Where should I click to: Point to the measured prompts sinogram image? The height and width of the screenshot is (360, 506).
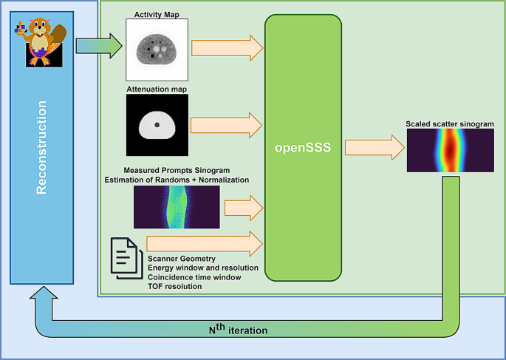click(177, 206)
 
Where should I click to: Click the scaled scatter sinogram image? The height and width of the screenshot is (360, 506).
click(450, 151)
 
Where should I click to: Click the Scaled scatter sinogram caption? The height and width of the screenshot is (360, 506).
click(450, 123)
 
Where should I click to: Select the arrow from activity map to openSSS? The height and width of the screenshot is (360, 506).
click(227, 49)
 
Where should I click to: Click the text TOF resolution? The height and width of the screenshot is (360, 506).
click(175, 286)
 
